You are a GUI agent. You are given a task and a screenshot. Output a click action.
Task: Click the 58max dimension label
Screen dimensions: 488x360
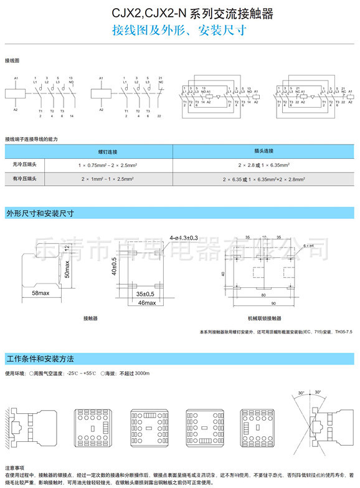point(41,292)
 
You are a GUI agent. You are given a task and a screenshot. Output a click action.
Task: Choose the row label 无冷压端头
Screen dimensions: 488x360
point(25,165)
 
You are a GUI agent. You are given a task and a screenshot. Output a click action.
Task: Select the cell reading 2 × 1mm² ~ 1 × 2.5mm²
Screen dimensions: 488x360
point(107,179)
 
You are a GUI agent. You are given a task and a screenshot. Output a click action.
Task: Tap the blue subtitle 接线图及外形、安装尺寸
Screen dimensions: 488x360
point(180,30)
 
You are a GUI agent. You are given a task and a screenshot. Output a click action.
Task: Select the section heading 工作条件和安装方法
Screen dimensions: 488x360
point(40,359)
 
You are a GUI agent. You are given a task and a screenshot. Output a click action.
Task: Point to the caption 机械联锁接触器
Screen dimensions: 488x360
point(264,318)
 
